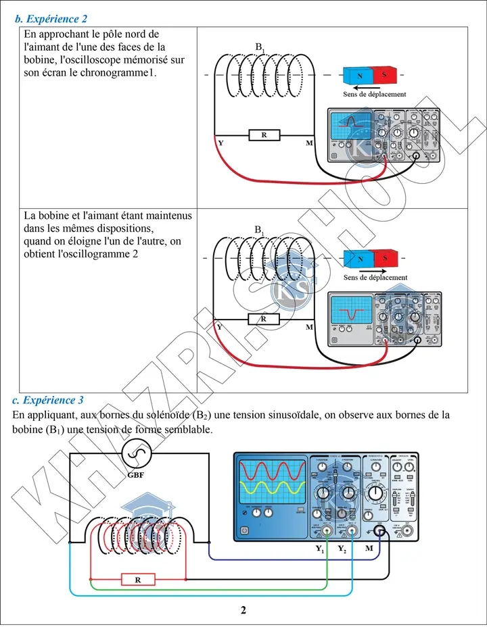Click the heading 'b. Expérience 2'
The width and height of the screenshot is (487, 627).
pyautogui.click(x=51, y=20)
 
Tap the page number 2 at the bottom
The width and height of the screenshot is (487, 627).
pyautogui.click(x=243, y=611)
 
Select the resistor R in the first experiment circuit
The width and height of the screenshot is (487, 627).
pyautogui.click(x=264, y=135)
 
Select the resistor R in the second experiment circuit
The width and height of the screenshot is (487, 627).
pyautogui.click(x=264, y=319)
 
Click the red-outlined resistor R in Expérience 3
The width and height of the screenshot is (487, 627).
pyautogui.click(x=138, y=579)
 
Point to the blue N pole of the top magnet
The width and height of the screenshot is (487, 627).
pyautogui.click(x=361, y=75)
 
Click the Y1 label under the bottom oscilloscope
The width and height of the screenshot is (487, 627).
pyautogui.click(x=320, y=549)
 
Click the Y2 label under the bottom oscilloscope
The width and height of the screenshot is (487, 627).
pyautogui.click(x=342, y=549)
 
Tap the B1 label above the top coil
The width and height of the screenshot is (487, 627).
pyautogui.click(x=260, y=47)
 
